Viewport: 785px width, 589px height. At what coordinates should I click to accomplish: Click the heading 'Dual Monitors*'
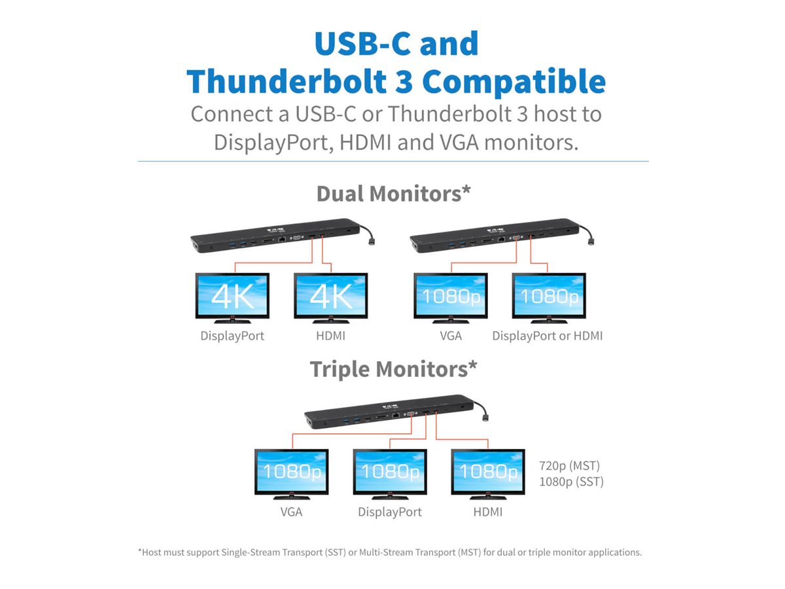(393, 194)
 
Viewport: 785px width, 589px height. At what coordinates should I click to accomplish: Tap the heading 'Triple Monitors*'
(393, 369)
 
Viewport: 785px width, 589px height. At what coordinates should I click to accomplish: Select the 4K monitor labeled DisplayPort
(232, 296)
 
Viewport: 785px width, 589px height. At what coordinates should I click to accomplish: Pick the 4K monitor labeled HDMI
(330, 296)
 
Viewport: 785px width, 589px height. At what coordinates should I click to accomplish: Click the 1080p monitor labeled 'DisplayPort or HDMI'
(548, 296)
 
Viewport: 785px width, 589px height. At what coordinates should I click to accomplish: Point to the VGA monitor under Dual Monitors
(450, 296)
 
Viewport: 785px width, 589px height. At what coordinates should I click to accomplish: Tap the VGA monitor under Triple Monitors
(291, 472)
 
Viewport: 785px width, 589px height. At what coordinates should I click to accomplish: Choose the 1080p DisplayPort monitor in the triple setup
(389, 472)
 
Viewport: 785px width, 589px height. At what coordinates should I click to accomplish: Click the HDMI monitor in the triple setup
(487, 472)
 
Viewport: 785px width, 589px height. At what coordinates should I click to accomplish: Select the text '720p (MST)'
(569, 466)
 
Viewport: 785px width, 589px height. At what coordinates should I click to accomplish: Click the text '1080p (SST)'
(571, 482)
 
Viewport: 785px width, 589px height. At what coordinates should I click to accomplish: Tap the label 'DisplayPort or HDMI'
(548, 336)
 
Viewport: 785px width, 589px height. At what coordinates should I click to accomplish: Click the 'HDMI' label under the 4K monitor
(330, 336)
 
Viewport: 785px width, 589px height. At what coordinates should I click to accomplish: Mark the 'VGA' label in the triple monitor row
(291, 512)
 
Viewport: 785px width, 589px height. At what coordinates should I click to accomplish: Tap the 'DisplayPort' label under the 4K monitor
(232, 336)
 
